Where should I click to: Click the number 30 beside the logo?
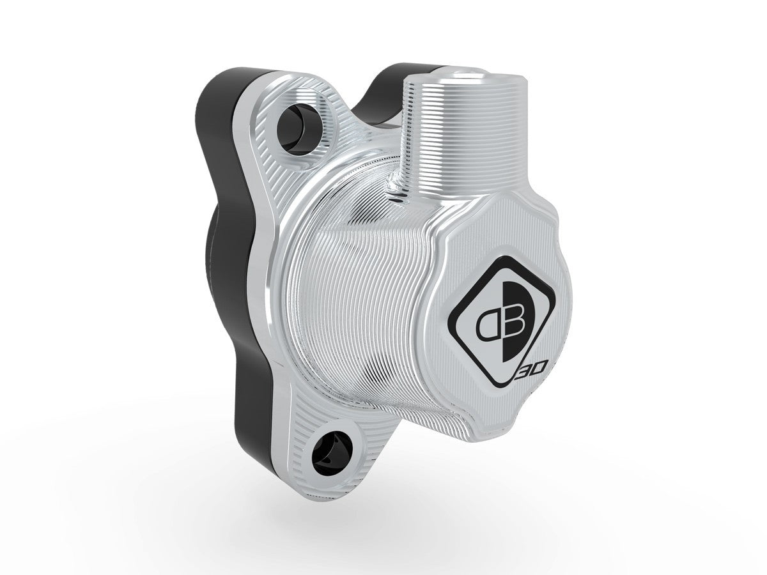click(531, 370)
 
